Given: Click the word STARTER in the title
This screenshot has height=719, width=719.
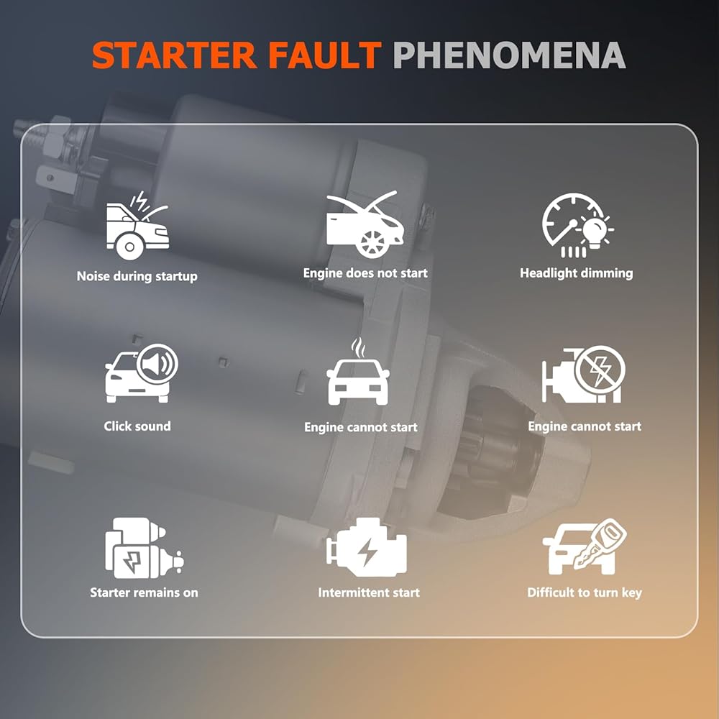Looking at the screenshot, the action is [x=174, y=55].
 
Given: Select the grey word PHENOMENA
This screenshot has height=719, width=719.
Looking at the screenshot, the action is [x=510, y=55].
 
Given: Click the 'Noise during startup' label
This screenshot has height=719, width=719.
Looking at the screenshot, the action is [x=137, y=277].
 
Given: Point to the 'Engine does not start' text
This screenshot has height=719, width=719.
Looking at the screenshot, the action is [x=365, y=273].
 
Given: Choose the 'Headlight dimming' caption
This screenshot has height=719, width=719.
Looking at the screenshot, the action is [x=577, y=273].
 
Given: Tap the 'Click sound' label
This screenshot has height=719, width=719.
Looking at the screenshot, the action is [x=137, y=426].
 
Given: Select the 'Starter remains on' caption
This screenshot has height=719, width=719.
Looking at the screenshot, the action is [x=144, y=592].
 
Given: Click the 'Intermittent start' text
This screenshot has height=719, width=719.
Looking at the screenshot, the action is [x=369, y=592].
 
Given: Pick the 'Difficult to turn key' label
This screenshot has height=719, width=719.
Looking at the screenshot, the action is [x=585, y=593].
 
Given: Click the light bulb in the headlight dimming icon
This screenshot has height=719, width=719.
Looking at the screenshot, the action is [x=595, y=232].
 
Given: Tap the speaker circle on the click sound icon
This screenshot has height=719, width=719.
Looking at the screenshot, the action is [x=157, y=365].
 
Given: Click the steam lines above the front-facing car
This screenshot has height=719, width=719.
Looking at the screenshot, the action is [x=359, y=348].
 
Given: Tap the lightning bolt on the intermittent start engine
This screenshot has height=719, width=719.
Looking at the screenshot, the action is [x=367, y=552].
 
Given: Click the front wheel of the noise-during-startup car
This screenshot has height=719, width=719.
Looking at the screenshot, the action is [x=129, y=247].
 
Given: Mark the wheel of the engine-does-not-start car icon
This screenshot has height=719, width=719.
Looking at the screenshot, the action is [x=372, y=242].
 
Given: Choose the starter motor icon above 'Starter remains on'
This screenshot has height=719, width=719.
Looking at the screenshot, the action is [x=144, y=548].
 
